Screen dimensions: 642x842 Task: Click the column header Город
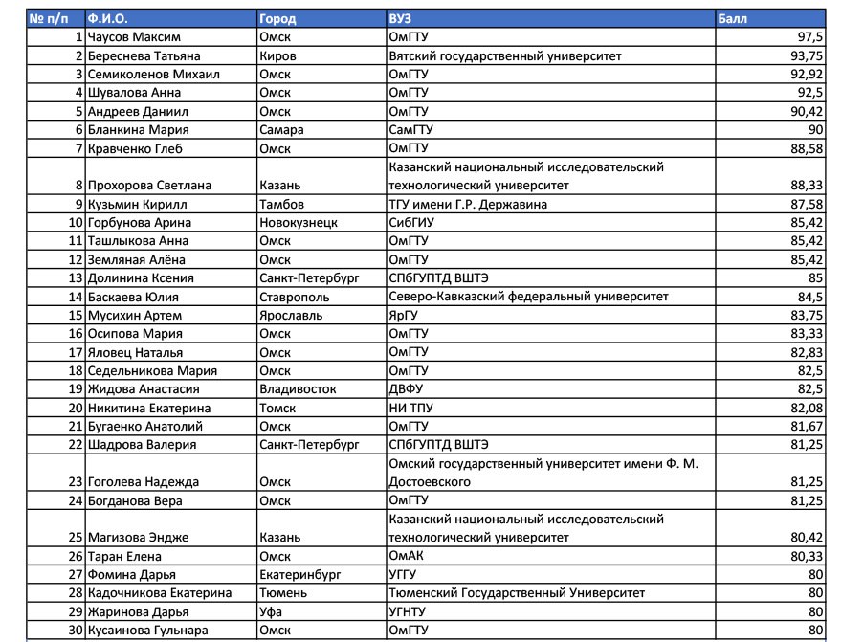(277, 18)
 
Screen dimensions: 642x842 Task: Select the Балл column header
(732, 18)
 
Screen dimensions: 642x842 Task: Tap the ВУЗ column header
(400, 18)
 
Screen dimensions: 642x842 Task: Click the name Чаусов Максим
(130, 37)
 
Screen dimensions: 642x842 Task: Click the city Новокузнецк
(299, 223)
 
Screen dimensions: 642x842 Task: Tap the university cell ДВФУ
(406, 389)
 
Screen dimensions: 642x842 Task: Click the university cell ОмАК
(408, 556)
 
